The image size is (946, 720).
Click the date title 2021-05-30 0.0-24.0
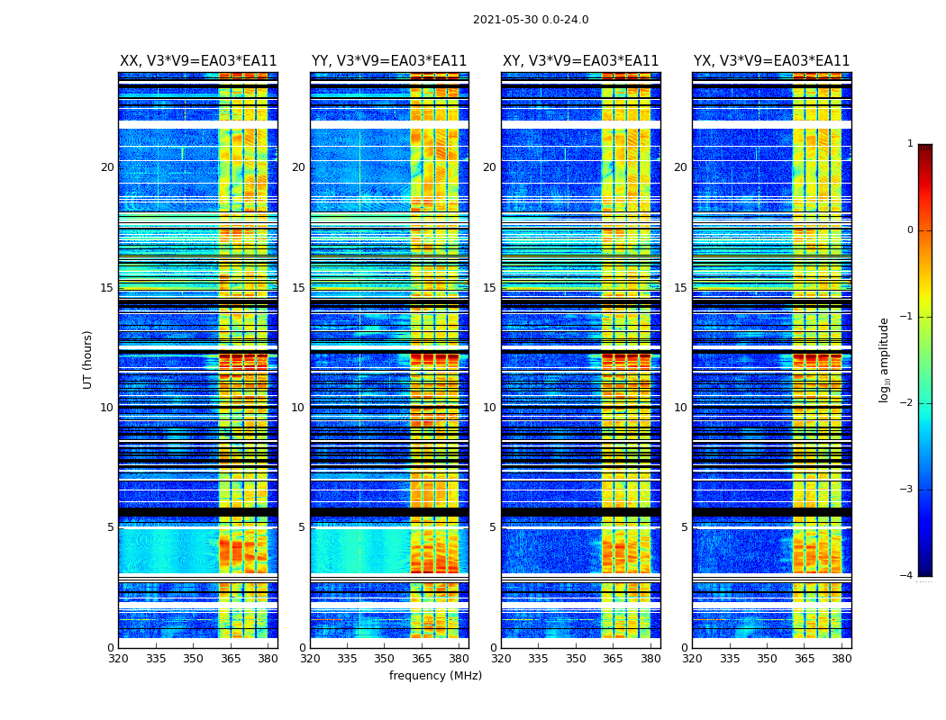click(531, 20)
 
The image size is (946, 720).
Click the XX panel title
click(198, 61)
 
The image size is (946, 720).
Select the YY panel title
click(389, 61)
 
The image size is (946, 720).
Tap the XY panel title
click(580, 61)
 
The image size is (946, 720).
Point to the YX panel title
click(771, 61)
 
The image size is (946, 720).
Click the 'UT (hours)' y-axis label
click(88, 359)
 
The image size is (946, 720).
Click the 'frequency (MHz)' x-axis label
click(435, 676)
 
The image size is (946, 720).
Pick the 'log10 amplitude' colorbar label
click(885, 359)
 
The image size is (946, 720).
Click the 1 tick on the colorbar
click(910, 144)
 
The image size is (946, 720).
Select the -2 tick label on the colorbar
click(907, 403)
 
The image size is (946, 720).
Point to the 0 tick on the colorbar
click(910, 230)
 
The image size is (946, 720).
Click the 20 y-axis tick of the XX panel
click(107, 167)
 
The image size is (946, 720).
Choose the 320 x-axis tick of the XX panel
click(118, 658)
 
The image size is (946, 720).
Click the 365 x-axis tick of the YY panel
click(422, 658)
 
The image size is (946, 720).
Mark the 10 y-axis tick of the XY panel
click(489, 408)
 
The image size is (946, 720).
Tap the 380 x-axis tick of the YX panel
click(841, 658)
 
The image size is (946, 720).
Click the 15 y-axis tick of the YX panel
click(680, 288)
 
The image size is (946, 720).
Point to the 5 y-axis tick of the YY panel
click(301, 527)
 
